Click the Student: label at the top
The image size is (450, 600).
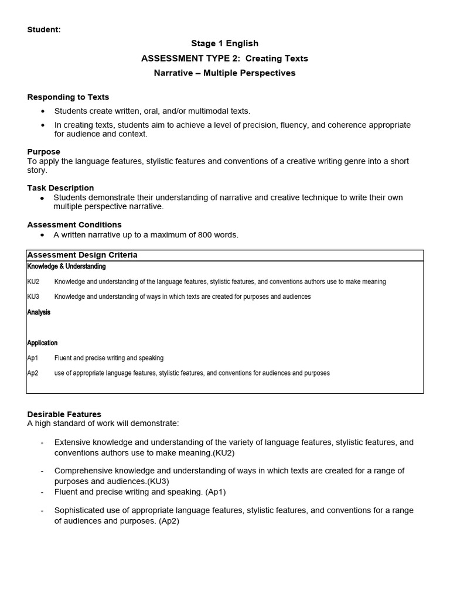click(x=44, y=29)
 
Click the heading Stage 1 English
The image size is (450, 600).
click(x=224, y=43)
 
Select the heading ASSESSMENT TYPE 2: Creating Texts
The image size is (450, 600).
click(x=224, y=59)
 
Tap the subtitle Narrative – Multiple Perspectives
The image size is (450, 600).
click(x=224, y=73)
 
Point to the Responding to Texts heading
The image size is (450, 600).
click(x=68, y=97)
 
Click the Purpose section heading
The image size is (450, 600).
click(x=44, y=152)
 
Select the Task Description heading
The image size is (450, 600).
click(x=60, y=188)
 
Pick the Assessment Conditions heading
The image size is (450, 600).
click(x=74, y=224)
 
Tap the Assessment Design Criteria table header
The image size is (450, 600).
click(x=82, y=255)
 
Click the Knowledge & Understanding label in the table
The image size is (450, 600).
click(x=66, y=267)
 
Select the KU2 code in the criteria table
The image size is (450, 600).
click(x=33, y=282)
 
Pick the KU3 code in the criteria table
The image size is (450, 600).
click(x=33, y=297)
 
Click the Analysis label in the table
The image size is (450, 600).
click(x=39, y=312)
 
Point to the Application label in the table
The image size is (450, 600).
click(x=42, y=343)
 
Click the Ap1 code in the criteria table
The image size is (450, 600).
click(x=33, y=358)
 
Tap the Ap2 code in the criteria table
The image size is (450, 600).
click(x=33, y=373)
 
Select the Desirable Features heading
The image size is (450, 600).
click(x=64, y=414)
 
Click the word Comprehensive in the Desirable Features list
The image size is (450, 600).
click(x=84, y=471)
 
